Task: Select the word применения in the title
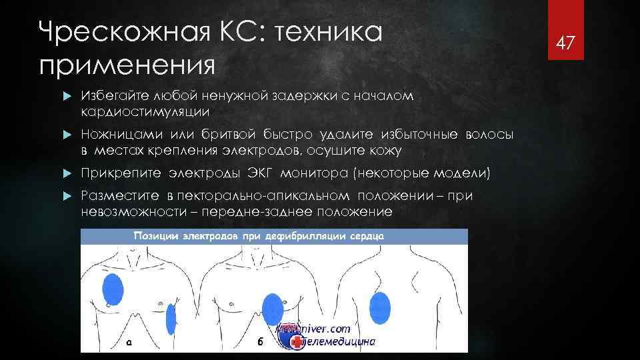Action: click(x=127, y=65)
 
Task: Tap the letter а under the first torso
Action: click(x=129, y=343)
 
